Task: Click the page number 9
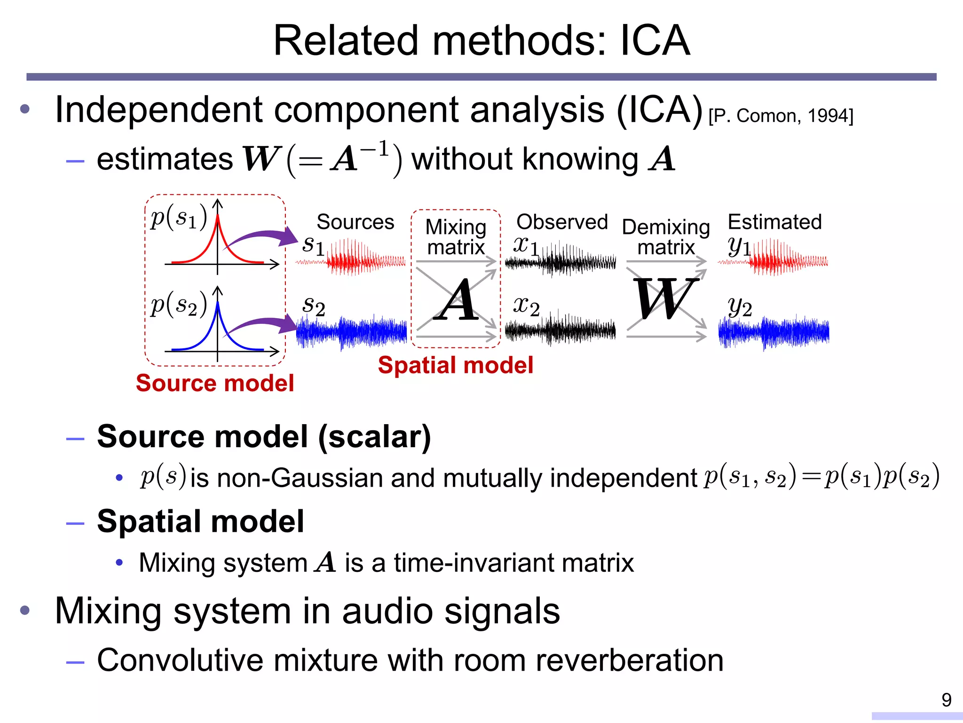pos(946,700)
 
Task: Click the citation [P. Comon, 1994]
pos(781,116)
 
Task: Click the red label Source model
pos(215,383)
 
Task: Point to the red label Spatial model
pos(455,365)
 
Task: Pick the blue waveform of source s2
pos(352,332)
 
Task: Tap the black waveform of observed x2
pos(560,329)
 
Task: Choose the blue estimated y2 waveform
pos(774,332)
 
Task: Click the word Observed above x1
pos(562,222)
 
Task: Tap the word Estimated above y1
pos(774,222)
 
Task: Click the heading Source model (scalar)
pos(263,436)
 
